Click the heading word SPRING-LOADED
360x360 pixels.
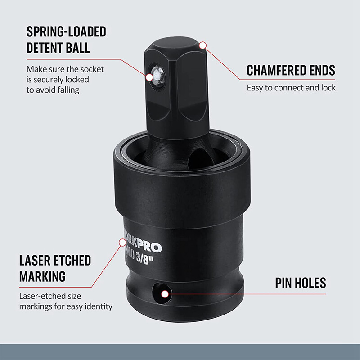[66, 32]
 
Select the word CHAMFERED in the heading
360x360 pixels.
[276, 71]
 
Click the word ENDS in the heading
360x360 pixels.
[321, 71]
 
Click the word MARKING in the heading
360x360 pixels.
[42, 276]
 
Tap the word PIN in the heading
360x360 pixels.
[285, 283]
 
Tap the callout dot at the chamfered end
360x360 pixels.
[202, 45]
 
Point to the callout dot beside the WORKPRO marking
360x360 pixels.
[122, 243]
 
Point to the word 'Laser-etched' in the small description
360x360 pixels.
[40, 297]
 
